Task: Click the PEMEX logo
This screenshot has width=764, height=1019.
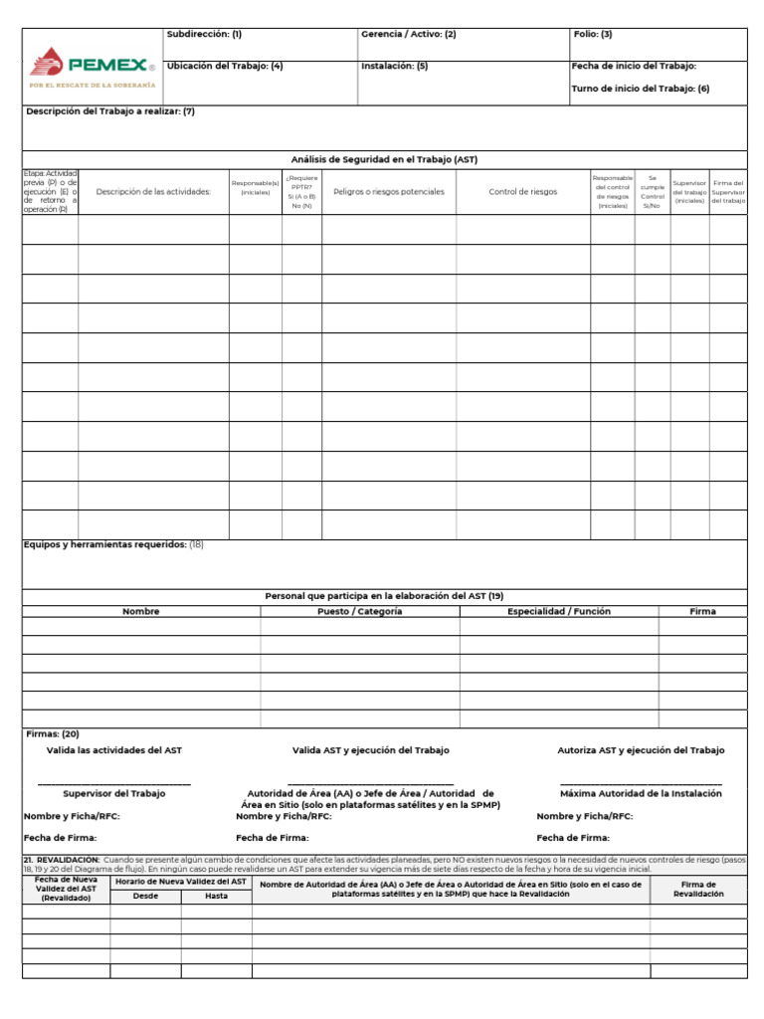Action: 94,67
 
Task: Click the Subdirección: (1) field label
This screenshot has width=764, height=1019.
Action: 204,34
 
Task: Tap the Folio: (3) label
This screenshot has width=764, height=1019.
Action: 593,34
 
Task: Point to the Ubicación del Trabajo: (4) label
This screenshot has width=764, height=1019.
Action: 225,66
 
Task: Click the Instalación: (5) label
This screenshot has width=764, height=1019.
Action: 395,66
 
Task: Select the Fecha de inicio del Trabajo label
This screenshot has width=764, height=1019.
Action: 634,66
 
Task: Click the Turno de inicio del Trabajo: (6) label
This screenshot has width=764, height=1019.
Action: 640,89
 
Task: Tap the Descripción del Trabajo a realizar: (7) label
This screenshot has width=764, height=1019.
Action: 110,111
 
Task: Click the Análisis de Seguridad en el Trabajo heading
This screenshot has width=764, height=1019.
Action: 384,159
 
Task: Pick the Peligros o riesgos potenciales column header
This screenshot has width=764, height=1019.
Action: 389,192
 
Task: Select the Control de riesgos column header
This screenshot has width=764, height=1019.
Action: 523,192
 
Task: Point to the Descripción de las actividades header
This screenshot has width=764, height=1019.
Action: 153,192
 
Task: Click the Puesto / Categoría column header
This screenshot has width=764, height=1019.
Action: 360,611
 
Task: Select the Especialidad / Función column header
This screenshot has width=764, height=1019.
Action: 559,611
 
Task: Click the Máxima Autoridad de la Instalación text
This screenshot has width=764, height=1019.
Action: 641,793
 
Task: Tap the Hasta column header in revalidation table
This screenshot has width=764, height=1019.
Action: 216,896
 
